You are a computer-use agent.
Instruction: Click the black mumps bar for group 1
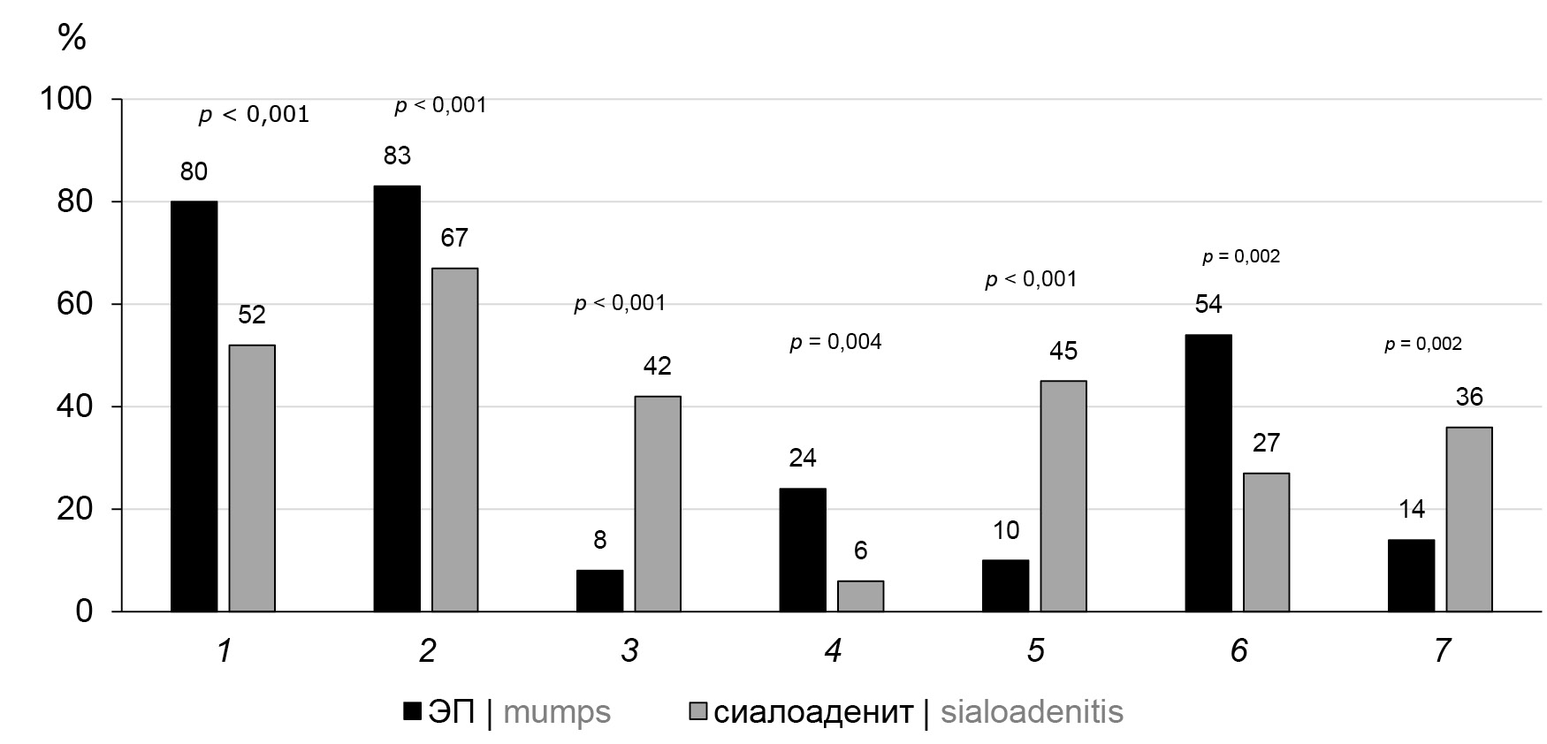[194, 406]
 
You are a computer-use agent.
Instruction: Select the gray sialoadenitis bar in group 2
[454, 440]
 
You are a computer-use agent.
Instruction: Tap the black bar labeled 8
[599, 590]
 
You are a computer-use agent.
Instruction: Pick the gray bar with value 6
[860, 596]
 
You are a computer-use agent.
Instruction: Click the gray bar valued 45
[1063, 496]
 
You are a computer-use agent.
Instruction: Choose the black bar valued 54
[1208, 473]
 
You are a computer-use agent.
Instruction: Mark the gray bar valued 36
[1469, 520]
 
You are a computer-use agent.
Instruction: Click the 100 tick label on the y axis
[66, 99]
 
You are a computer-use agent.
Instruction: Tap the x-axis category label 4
[833, 652]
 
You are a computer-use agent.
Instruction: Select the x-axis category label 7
[1442, 652]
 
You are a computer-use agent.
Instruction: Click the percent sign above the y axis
[72, 37]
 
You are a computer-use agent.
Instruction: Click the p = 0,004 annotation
[835, 342]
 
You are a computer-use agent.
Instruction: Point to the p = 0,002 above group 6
[1240, 257]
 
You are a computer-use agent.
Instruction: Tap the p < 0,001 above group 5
[1031, 279]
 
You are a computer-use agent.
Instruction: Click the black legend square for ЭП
[412, 712]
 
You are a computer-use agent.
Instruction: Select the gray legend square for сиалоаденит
[698, 712]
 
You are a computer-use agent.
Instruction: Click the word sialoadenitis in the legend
[1032, 712]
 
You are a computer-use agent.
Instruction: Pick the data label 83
[397, 156]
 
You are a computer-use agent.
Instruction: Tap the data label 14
[1412, 510]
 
